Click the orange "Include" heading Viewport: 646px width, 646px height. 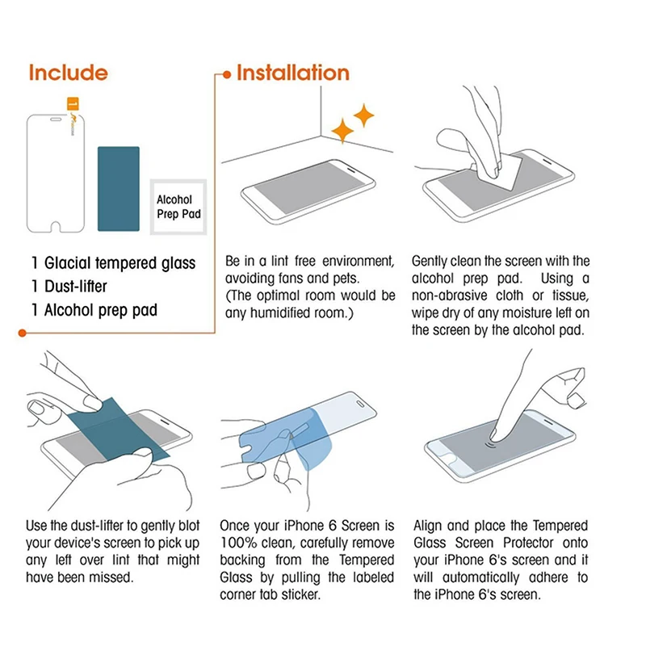68,73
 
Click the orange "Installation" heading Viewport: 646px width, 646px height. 292,73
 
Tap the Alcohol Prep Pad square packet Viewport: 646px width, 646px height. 178,208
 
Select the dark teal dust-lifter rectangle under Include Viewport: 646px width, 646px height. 119,188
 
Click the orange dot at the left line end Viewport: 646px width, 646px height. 22,332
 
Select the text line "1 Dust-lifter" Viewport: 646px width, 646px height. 69,286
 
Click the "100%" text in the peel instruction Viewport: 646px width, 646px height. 237,543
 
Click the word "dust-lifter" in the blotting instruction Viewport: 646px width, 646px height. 99,526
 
